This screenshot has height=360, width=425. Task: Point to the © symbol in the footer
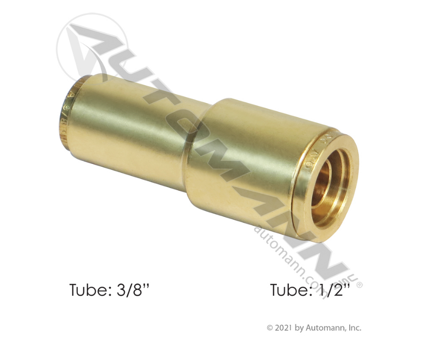pos(270,328)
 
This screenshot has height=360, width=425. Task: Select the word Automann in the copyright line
pos(326,328)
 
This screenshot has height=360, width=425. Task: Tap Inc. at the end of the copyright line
pos(355,328)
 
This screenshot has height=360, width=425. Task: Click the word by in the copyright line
pos(301,328)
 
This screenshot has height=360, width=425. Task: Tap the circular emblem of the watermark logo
pos(87,47)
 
